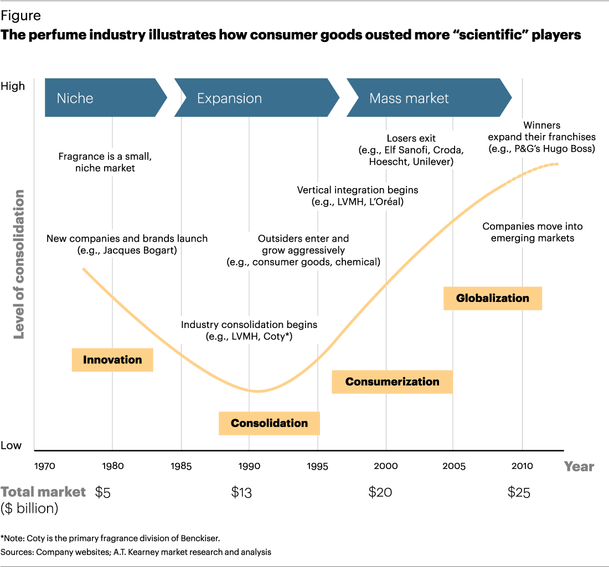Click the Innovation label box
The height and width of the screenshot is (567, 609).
point(112,360)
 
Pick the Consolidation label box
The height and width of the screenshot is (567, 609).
point(269,423)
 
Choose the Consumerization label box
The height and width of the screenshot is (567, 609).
point(392,382)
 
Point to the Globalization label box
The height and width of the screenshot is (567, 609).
point(492,298)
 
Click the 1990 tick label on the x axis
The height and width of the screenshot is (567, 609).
point(249,466)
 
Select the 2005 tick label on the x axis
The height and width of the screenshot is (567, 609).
point(453,466)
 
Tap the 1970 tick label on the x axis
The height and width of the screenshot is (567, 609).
point(45,466)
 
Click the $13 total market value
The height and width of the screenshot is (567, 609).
point(241,492)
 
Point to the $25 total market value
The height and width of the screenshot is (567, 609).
point(519,492)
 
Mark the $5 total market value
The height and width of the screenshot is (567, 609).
point(103,492)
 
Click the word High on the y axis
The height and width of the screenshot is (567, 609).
point(13,86)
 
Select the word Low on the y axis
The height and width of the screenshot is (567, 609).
point(12,445)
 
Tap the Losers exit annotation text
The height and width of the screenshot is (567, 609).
point(411,138)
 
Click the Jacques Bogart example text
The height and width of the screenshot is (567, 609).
point(127,249)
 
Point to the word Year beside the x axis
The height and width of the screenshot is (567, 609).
point(579,466)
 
